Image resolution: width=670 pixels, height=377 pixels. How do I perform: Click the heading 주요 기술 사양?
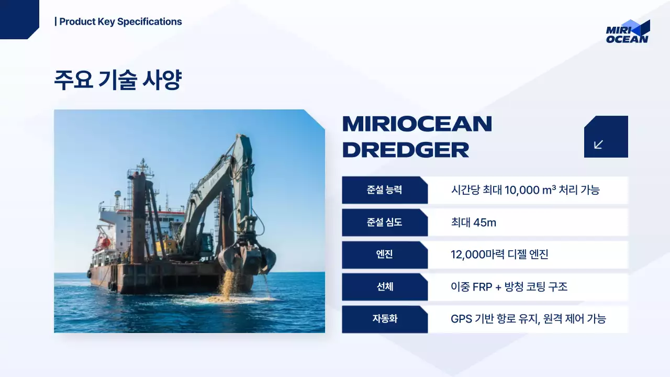(x=118, y=80)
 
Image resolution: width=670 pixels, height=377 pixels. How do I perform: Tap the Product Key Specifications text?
(x=120, y=21)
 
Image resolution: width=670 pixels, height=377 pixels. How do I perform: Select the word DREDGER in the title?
(x=406, y=150)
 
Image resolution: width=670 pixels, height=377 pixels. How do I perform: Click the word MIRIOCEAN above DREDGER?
(x=417, y=124)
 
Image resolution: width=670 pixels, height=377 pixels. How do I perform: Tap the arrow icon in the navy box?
(x=599, y=144)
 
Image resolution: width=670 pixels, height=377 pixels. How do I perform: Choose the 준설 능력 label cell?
(x=384, y=190)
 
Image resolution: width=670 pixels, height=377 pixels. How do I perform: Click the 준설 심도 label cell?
(x=384, y=223)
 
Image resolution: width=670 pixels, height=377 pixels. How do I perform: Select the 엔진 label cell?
(x=384, y=255)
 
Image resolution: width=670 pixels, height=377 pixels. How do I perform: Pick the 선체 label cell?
(x=384, y=287)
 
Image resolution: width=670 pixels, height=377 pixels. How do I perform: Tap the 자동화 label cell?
(x=384, y=319)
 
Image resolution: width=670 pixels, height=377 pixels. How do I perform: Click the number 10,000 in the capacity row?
(x=522, y=190)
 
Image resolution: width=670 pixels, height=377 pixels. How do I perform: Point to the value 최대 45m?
(x=473, y=223)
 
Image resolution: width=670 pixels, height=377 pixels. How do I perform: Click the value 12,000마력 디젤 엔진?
(x=499, y=255)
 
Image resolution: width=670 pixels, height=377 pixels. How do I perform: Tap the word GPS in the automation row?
(x=461, y=319)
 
